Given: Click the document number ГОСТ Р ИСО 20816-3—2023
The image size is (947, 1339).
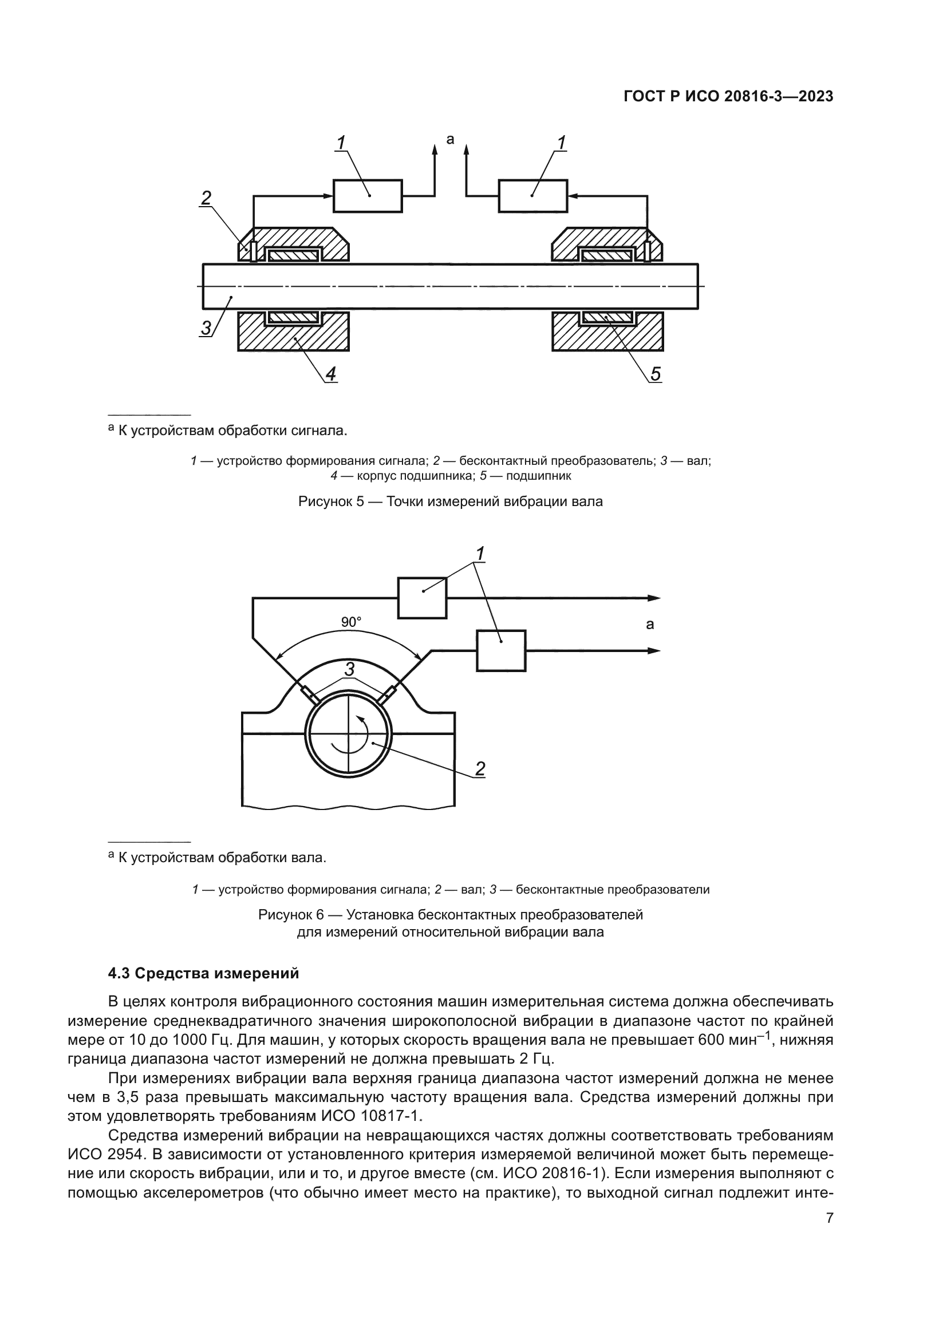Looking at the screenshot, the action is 728,97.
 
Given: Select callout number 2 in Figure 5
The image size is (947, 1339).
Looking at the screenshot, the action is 206,198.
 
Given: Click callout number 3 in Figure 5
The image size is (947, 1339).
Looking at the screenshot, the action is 206,328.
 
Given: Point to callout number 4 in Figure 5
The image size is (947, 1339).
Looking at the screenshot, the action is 330,374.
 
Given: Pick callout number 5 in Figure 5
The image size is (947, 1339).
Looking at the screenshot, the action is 656,374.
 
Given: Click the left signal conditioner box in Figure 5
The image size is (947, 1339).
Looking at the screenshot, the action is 368,195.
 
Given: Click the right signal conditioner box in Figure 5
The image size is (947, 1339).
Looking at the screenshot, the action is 532,195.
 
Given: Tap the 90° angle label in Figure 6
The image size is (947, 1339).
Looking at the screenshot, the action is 351,622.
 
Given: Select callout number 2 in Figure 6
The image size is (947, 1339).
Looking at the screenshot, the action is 480,769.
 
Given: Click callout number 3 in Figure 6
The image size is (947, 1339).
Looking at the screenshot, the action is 349,669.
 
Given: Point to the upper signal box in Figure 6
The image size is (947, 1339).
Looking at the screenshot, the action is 422,598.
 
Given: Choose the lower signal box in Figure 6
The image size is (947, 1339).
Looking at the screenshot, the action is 502,650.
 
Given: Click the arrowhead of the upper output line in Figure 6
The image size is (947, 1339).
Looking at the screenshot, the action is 654,598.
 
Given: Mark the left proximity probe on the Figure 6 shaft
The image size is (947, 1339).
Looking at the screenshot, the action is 310,695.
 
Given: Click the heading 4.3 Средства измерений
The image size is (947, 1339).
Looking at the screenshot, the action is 203,973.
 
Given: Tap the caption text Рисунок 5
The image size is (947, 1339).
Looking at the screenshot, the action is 331,501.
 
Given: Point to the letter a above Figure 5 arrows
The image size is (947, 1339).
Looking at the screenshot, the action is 449,139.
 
